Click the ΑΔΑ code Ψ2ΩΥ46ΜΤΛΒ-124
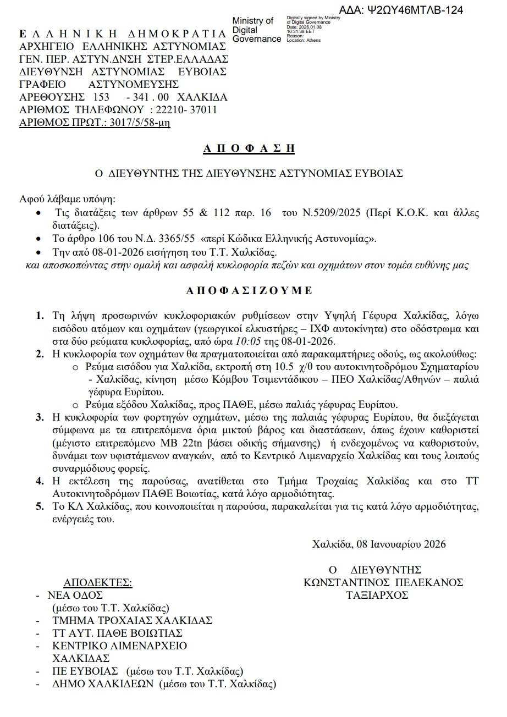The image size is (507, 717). click(x=416, y=10)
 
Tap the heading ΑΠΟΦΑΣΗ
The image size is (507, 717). click(x=249, y=148)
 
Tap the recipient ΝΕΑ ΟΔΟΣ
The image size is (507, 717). click(x=75, y=595)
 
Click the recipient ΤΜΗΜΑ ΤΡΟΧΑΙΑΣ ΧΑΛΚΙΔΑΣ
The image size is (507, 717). click(x=132, y=620)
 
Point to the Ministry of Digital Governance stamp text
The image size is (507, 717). click(x=256, y=30)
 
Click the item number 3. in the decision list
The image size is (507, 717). click(x=40, y=418)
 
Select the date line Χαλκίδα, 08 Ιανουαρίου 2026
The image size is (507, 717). click(x=378, y=544)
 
